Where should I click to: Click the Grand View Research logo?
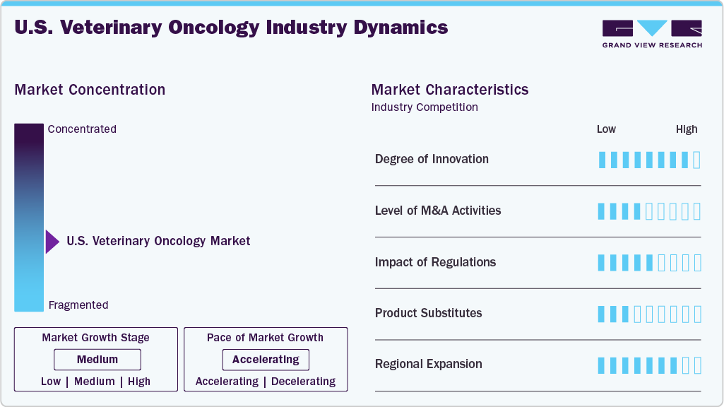(x=652, y=33)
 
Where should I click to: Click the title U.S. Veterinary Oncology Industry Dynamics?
(x=231, y=28)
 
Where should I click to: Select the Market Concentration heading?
(x=90, y=90)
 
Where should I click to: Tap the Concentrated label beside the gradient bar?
(x=82, y=129)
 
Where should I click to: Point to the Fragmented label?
(x=78, y=305)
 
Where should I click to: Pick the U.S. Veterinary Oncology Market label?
(x=158, y=241)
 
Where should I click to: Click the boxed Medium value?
(x=97, y=360)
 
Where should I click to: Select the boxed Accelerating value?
(x=266, y=360)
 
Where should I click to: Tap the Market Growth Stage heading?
(x=95, y=338)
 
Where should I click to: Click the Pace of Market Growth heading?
(x=265, y=338)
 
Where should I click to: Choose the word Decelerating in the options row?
(x=304, y=382)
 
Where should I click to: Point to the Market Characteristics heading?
(x=450, y=90)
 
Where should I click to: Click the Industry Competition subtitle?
(x=425, y=107)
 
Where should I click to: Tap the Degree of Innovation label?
(x=432, y=159)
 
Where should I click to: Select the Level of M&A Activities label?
(x=438, y=211)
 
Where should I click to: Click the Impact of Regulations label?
(x=435, y=262)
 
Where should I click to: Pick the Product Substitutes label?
(x=428, y=313)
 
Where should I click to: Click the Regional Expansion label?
(x=428, y=364)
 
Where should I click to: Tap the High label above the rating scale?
(x=687, y=129)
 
